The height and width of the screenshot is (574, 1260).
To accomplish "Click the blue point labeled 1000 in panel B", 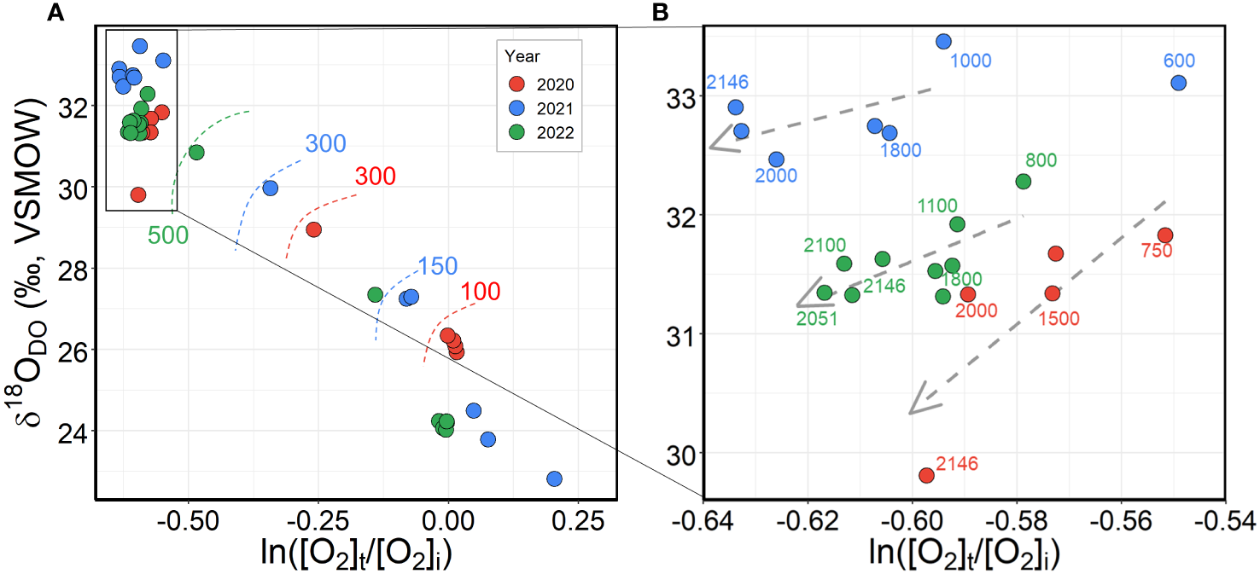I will click(x=943, y=41).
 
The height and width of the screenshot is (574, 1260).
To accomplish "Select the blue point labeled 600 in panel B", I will click(x=1179, y=83).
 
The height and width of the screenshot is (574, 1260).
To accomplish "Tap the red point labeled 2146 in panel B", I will click(x=926, y=475).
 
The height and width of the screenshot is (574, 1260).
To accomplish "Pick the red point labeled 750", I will click(x=1165, y=235).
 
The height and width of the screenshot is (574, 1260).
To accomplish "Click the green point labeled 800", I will click(x=1023, y=181).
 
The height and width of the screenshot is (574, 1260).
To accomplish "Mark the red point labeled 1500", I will click(x=1052, y=293).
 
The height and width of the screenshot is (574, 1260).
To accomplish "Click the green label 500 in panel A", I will click(x=168, y=236).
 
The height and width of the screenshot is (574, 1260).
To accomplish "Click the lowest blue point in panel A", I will click(x=554, y=478).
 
